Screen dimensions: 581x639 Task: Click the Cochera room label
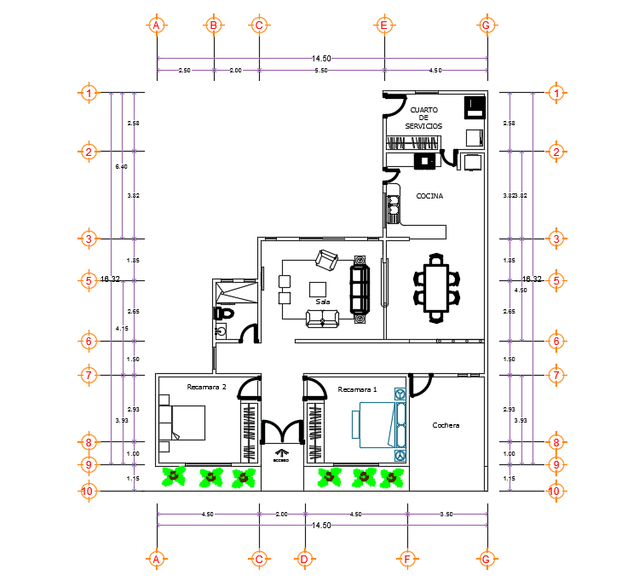coord(446,425)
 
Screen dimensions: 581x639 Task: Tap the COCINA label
coord(429,196)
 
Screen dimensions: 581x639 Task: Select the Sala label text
coord(323,302)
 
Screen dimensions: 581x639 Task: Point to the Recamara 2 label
coord(206,387)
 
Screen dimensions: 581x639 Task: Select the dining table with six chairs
coord(436,286)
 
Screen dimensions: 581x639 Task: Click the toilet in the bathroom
coord(223,314)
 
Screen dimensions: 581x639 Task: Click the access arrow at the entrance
coord(281,453)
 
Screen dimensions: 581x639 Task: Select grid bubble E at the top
coord(383,26)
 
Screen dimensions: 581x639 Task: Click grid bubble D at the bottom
coord(303,560)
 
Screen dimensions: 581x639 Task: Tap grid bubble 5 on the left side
coord(88,280)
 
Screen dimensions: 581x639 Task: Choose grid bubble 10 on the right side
coord(555,491)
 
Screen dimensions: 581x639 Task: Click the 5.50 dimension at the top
coord(321,70)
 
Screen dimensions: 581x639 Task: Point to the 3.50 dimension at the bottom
coord(446,515)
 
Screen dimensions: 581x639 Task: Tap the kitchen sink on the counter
coord(394,205)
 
